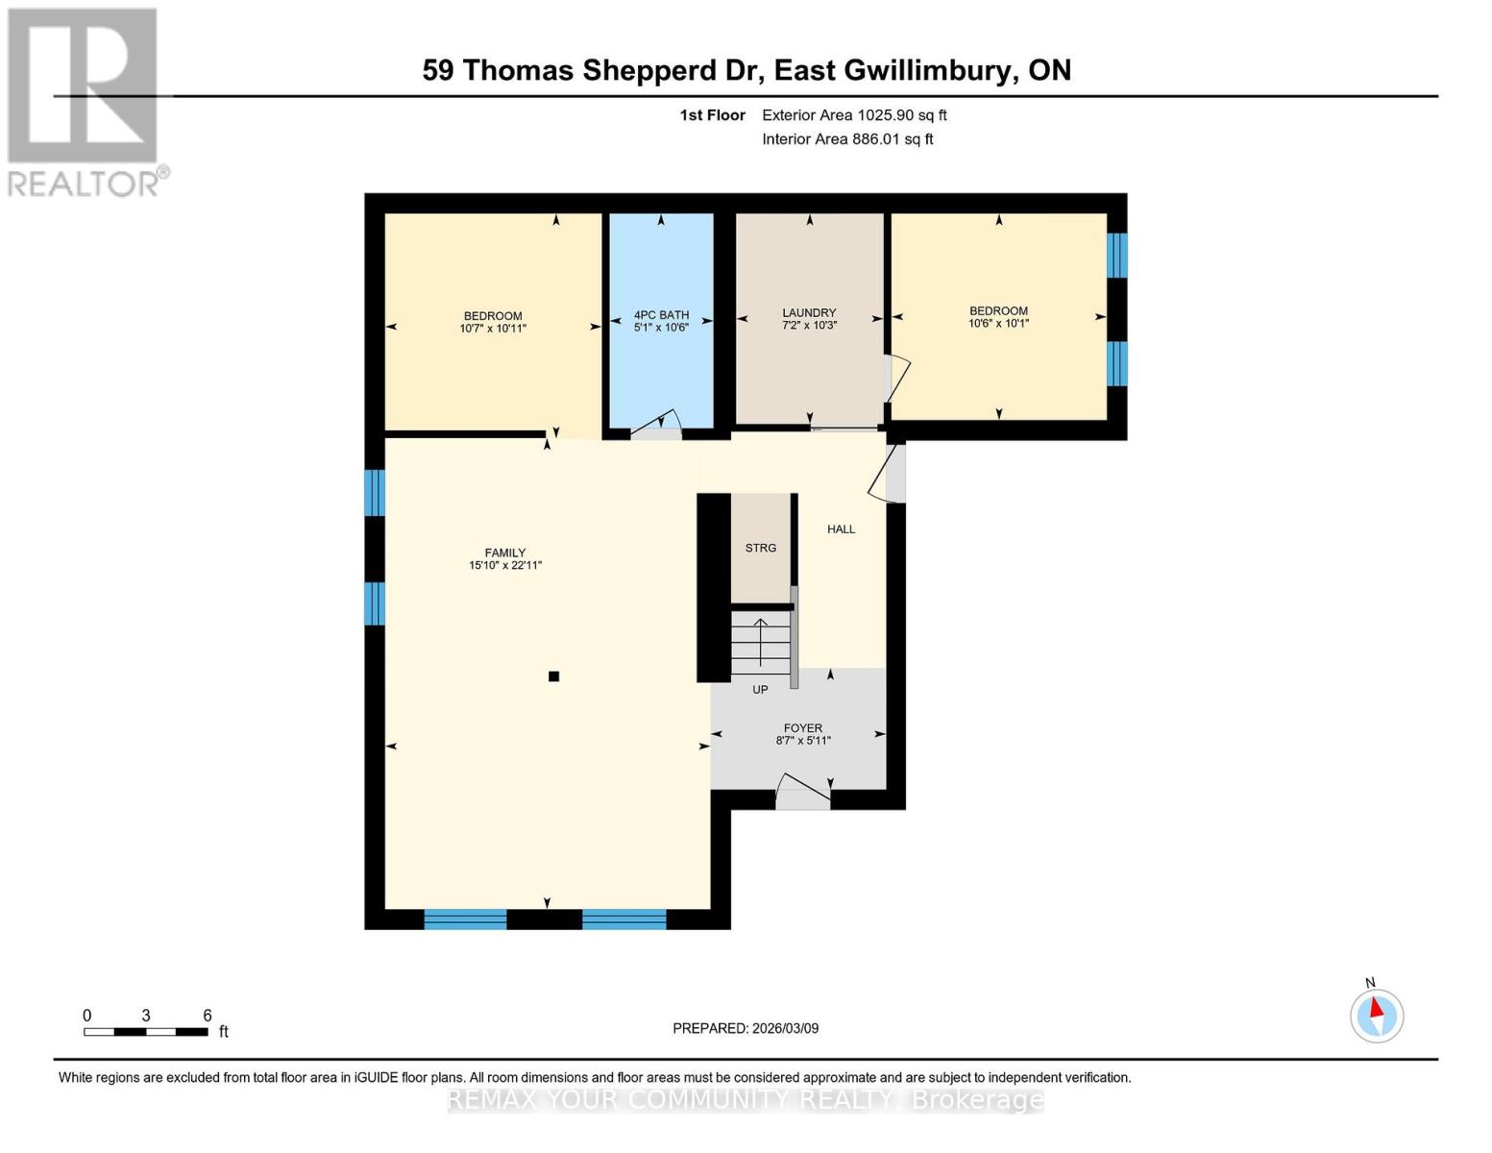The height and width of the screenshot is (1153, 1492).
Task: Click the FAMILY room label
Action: click(x=504, y=552)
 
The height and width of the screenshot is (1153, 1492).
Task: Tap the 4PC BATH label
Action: click(x=661, y=315)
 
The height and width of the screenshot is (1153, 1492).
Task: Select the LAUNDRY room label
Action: click(x=809, y=313)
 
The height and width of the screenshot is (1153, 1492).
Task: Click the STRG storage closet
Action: click(x=761, y=548)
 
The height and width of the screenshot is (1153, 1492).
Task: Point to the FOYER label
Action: click(x=802, y=728)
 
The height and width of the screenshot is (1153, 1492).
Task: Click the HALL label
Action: click(x=841, y=529)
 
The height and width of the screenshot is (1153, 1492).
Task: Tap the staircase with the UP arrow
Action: click(x=760, y=644)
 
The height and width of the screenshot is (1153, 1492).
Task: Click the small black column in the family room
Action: click(x=553, y=676)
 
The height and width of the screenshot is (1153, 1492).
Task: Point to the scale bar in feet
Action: click(x=146, y=1032)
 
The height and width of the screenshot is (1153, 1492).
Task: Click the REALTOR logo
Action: click(x=85, y=101)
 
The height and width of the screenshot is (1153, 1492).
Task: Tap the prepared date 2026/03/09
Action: click(x=746, y=1028)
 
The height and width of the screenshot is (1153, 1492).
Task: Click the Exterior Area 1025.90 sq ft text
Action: click(x=854, y=115)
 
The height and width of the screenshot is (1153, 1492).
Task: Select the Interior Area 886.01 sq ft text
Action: click(x=847, y=139)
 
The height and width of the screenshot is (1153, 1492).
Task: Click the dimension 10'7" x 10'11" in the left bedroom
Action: click(x=493, y=329)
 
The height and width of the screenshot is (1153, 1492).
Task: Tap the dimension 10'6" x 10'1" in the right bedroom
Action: click(x=998, y=324)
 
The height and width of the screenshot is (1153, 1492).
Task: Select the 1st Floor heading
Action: click(x=712, y=115)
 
